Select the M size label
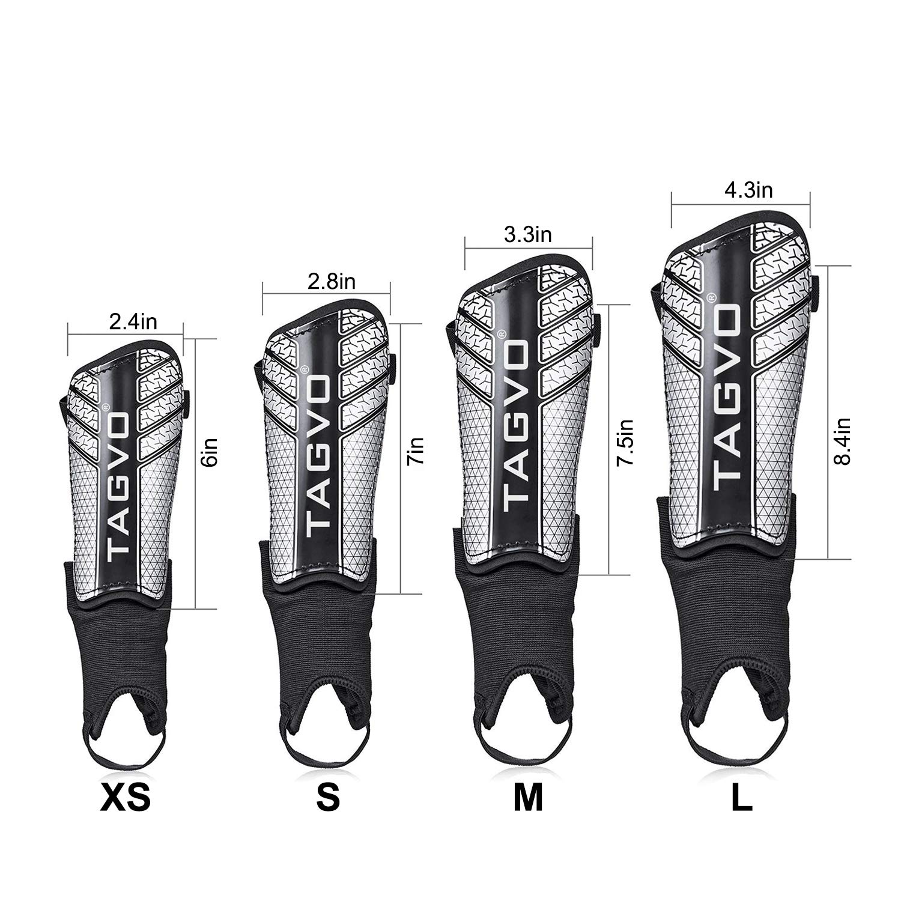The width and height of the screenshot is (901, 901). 529,798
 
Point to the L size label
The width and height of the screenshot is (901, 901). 742,798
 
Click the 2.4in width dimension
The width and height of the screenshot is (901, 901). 133,322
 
